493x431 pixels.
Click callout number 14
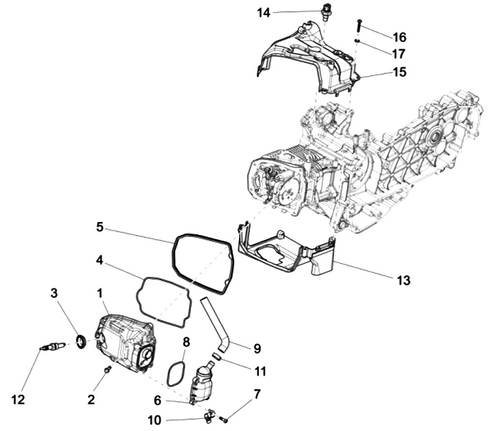pos(264,12)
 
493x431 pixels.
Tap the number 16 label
pos(399,36)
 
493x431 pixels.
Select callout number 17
pos(399,53)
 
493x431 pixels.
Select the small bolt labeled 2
pos(107,370)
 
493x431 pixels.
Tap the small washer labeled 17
pos(357,41)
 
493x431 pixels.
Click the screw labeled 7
pos(224,417)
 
